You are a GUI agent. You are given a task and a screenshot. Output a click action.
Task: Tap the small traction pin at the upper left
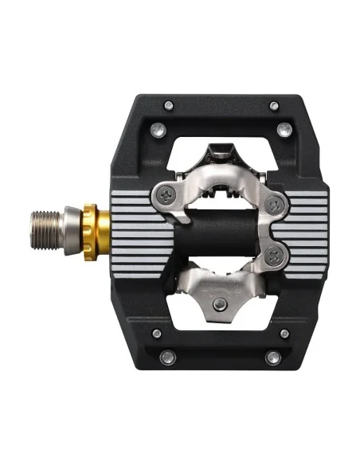169,104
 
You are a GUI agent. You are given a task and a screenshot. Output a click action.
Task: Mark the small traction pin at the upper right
274,105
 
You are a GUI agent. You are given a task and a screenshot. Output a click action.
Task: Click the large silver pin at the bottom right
272,357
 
